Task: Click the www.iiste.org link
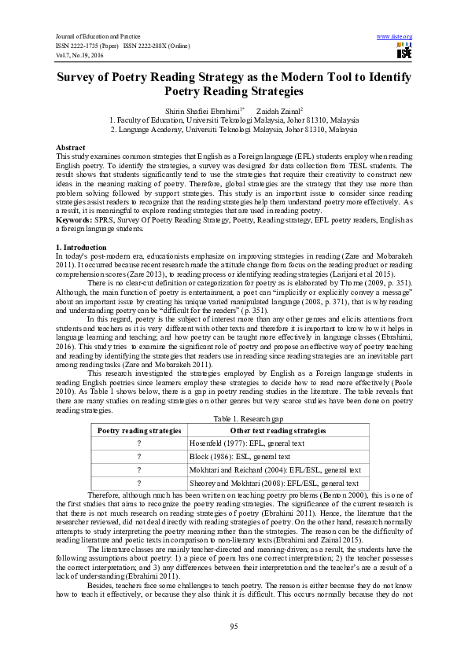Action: [x=395, y=37]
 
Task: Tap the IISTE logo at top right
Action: [x=404, y=52]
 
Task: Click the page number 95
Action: [x=234, y=625]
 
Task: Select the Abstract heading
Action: [x=70, y=148]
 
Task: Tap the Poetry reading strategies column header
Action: [x=138, y=432]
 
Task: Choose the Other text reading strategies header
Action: [x=277, y=432]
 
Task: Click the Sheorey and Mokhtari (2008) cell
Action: [x=274, y=483]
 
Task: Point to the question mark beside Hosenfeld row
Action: [x=138, y=443]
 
